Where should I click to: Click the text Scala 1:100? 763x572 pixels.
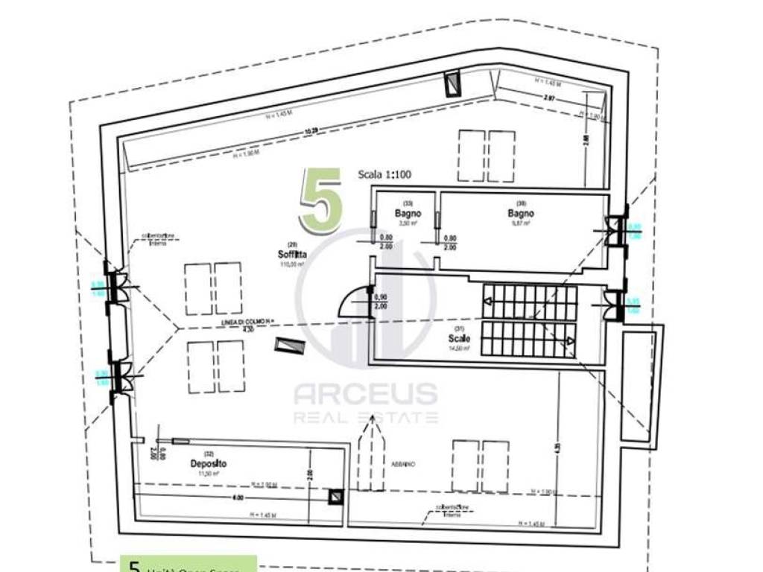[x=384, y=175]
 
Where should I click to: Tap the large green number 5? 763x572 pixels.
[x=321, y=199]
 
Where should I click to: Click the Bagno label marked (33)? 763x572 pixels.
[x=408, y=214]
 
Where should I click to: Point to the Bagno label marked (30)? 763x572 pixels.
[x=521, y=212]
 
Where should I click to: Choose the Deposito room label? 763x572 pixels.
[x=208, y=463]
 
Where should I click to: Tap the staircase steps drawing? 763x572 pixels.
[x=529, y=321]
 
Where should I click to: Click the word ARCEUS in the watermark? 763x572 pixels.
[x=365, y=393]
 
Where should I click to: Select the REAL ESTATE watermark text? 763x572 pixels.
[x=365, y=417]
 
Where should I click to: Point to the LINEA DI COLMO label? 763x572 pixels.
[x=248, y=321]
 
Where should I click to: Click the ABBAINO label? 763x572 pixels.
[x=402, y=464]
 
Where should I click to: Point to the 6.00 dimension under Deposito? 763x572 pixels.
[x=237, y=498]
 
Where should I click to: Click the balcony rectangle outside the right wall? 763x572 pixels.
[x=640, y=387]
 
